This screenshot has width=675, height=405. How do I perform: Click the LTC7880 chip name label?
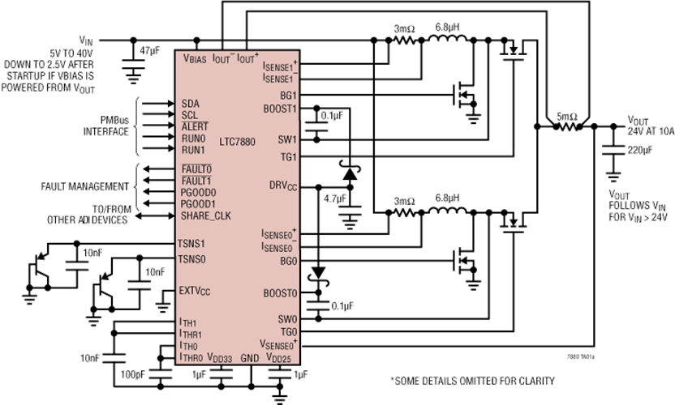tap(237, 142)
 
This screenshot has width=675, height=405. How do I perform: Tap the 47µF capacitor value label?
tap(149, 51)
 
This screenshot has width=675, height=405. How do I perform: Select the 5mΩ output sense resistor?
tap(568, 126)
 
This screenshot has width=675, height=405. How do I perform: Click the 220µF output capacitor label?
tap(639, 150)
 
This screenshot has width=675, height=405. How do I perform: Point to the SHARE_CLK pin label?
tap(206, 215)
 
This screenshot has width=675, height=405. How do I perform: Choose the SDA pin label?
tap(191, 104)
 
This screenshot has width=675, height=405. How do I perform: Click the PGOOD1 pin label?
tap(198, 204)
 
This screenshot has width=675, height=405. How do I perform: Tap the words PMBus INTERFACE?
tap(106, 126)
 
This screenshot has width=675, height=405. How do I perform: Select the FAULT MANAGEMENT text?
tap(85, 186)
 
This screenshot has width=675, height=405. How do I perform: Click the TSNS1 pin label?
tap(191, 244)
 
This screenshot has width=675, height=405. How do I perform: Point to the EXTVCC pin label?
tap(195, 291)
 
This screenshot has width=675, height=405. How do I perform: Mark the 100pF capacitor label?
tap(132, 374)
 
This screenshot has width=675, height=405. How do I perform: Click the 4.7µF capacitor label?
tap(335, 198)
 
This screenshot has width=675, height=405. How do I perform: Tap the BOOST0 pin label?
tap(280, 294)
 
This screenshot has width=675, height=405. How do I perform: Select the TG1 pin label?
tap(289, 157)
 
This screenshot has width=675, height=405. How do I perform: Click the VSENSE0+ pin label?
tap(278, 344)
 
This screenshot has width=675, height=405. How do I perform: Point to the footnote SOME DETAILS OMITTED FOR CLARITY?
tap(473, 381)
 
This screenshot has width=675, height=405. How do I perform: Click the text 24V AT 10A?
tap(651, 131)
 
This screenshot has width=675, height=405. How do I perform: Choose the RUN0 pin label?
tap(193, 139)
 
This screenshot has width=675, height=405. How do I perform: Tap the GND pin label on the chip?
tap(250, 358)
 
